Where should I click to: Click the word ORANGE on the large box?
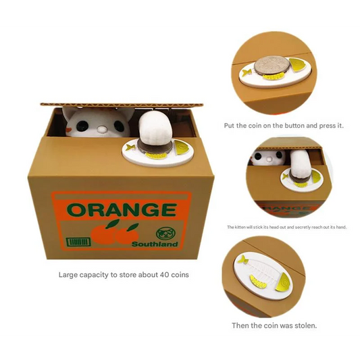tap(122, 209)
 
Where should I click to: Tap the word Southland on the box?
tap(155, 244)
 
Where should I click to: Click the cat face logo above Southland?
tap(164, 234)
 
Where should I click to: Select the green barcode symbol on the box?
tap(78, 242)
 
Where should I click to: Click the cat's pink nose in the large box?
tap(101, 130)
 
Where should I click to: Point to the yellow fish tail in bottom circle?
tap(242, 259)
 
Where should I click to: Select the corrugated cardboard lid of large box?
tap(122, 105)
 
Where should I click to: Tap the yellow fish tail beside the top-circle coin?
tap(246, 73)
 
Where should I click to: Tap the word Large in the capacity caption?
tap(68, 276)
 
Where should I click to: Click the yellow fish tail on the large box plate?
tap(130, 147)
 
